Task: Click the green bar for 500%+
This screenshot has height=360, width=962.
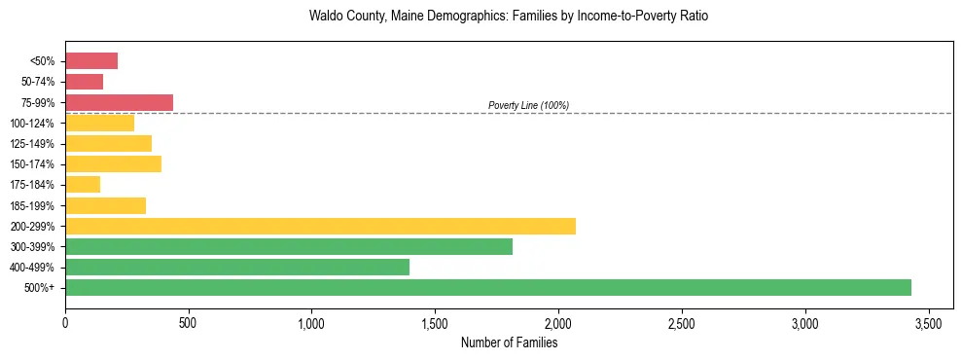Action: click(488, 287)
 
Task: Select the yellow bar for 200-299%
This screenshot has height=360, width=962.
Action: click(320, 226)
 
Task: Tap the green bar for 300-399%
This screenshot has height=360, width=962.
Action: click(289, 246)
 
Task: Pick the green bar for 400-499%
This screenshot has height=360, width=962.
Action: click(237, 267)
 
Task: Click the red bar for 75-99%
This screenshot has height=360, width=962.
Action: click(119, 102)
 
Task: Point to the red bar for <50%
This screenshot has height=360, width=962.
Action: click(91, 61)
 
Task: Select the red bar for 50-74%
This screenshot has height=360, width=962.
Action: click(84, 82)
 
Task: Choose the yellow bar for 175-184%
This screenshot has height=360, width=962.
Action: click(83, 184)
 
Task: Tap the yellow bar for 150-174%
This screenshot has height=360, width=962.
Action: click(113, 163)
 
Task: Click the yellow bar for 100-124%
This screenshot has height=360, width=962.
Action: click(99, 123)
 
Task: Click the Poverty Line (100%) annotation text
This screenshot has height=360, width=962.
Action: click(528, 105)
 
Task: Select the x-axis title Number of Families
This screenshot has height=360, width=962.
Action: click(509, 342)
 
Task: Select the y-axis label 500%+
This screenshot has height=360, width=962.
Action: click(41, 288)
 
